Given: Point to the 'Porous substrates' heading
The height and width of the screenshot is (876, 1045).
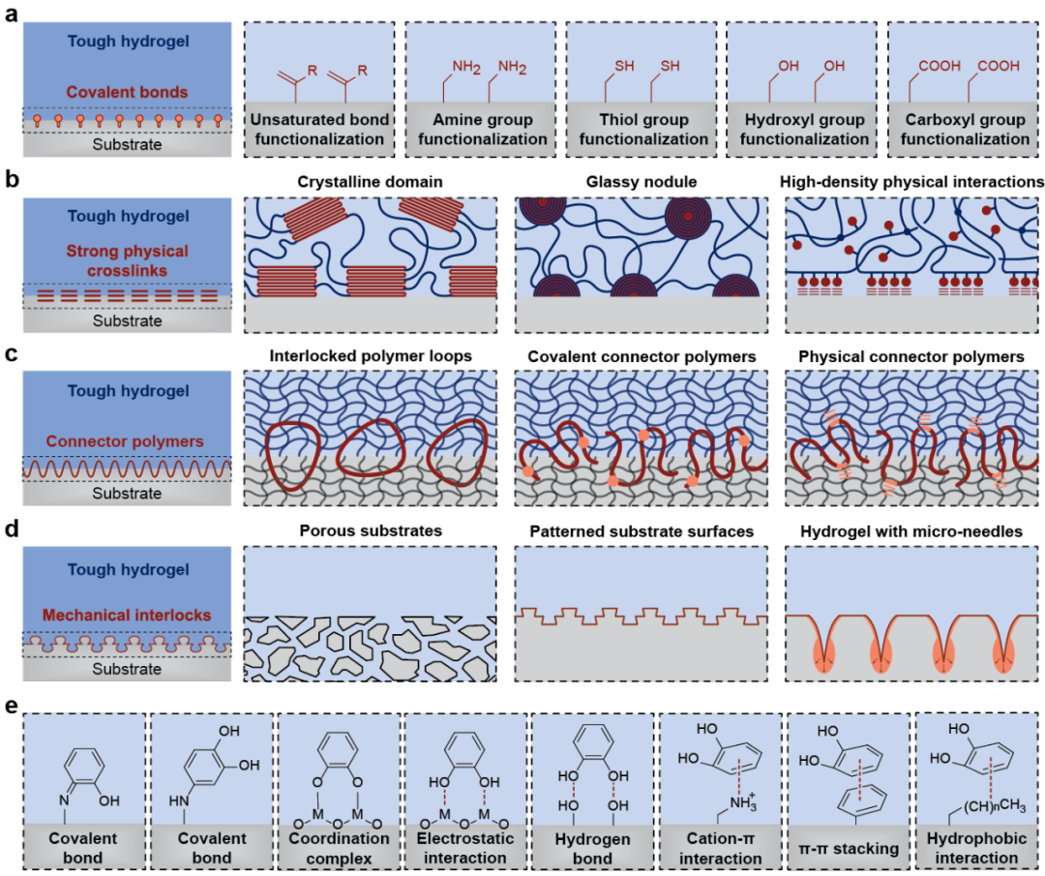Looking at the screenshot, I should [369, 530].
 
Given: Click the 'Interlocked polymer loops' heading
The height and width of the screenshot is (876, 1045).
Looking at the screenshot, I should [369, 357].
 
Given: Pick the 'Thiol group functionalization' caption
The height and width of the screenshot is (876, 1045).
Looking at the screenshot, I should [641, 130].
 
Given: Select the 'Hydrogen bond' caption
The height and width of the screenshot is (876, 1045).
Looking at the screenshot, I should [592, 848].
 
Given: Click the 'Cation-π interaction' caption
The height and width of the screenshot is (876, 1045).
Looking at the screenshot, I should [721, 848].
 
